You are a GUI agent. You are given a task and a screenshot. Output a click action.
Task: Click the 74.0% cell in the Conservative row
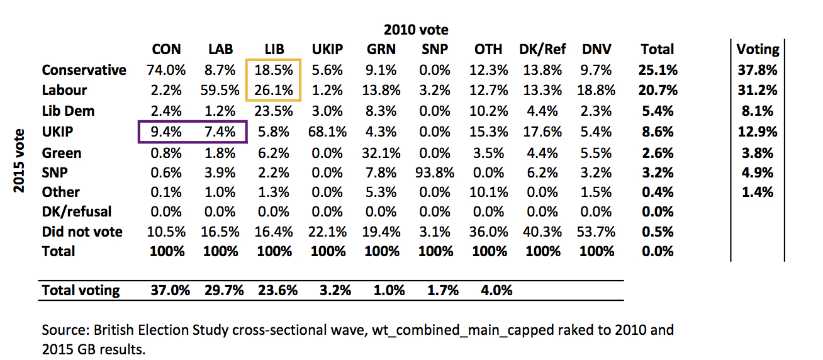pyautogui.click(x=167, y=70)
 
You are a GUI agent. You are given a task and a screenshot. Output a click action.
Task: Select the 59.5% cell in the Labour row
pyautogui.click(x=220, y=90)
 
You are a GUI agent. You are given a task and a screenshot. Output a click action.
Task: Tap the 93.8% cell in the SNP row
pyautogui.click(x=435, y=172)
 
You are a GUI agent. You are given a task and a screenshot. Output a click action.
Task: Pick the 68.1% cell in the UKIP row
pyautogui.click(x=328, y=132)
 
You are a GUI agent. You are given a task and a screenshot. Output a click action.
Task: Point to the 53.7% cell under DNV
pyautogui.click(x=596, y=232)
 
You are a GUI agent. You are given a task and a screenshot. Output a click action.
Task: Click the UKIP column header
pyautogui.click(x=328, y=49)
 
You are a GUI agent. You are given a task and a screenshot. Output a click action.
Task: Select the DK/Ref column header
pyautogui.click(x=542, y=49)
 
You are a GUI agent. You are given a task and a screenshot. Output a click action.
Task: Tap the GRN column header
pyautogui.click(x=382, y=49)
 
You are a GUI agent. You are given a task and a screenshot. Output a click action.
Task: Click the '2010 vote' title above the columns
pyautogui.click(x=415, y=30)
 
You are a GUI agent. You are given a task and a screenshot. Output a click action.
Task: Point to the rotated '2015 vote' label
pyautogui.click(x=20, y=160)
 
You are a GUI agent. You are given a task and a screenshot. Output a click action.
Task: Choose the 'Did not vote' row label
pyautogui.click(x=82, y=232)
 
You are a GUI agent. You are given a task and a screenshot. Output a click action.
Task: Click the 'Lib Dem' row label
pyautogui.click(x=68, y=111)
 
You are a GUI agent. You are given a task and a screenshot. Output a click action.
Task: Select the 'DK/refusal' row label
pyautogui.click(x=76, y=212)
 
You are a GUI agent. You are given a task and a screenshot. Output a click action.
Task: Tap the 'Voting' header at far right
pyautogui.click(x=758, y=49)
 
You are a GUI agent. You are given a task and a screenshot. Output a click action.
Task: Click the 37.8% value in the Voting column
pyautogui.click(x=758, y=70)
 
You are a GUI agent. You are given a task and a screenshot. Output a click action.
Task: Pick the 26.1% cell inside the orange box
pyautogui.click(x=274, y=90)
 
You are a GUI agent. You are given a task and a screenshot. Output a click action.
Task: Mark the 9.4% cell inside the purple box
pyautogui.click(x=167, y=132)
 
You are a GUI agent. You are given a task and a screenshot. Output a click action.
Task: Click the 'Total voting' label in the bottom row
pyautogui.click(x=81, y=290)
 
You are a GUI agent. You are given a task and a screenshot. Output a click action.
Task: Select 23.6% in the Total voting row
pyautogui.click(x=274, y=290)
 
